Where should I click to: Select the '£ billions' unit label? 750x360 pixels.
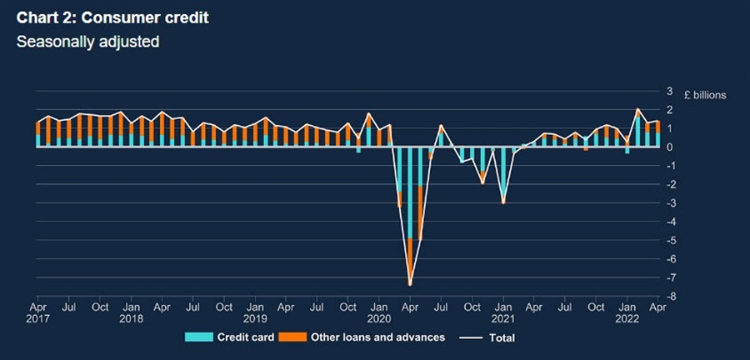(705, 95)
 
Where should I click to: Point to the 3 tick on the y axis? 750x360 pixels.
(667, 91)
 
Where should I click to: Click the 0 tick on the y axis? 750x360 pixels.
(667, 147)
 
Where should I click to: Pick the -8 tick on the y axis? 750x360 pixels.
(666, 297)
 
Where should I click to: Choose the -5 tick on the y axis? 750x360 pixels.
(666, 241)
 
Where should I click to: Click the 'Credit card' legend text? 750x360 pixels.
(243, 337)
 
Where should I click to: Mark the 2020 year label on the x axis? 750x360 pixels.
(379, 319)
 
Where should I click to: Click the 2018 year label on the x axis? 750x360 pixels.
(131, 319)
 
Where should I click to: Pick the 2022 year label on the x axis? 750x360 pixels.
(627, 319)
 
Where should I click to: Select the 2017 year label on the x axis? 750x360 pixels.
(37, 319)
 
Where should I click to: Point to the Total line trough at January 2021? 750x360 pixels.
(502, 202)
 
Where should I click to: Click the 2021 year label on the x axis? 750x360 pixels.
(502, 319)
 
